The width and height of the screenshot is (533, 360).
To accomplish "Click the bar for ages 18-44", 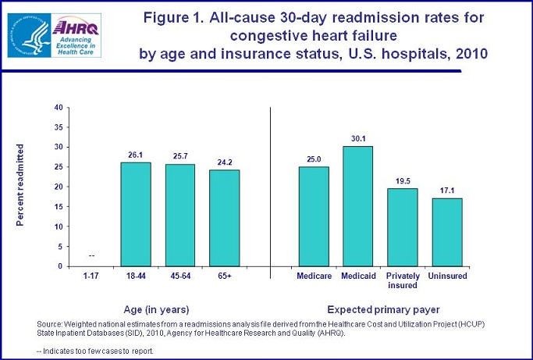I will coord(136,214).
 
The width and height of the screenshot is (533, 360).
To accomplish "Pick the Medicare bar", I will coord(313,216).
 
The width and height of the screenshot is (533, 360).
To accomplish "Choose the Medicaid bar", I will coord(357,206).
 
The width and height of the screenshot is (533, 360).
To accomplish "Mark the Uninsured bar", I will coord(446,232).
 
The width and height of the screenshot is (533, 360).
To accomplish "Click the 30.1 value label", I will coord(357,139).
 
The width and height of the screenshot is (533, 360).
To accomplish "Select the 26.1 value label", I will coord(136,155).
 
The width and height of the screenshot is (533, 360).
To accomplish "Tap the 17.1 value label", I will coord(446,191).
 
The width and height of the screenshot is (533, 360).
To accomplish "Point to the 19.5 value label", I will coord(403,181).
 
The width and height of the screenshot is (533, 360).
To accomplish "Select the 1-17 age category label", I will coord(91,276).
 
